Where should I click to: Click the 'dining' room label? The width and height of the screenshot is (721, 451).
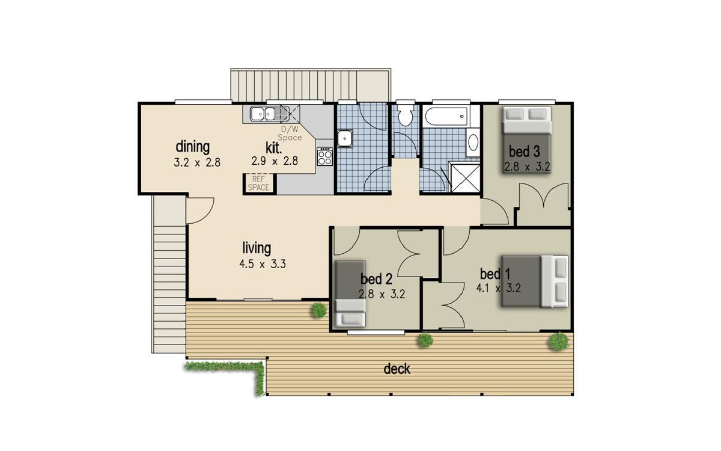(192, 147)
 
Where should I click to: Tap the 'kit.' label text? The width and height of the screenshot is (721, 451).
(273, 148)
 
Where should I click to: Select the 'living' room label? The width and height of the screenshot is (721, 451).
(257, 248)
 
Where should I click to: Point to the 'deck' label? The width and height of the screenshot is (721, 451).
(397, 369)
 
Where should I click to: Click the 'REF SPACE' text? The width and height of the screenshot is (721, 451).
(258, 183)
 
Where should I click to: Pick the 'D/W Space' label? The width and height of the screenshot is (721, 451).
(290, 133)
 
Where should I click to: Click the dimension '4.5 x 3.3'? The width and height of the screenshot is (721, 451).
(263, 264)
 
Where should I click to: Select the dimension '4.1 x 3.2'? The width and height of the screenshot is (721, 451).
(498, 288)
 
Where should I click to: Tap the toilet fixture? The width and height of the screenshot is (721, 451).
(405, 115)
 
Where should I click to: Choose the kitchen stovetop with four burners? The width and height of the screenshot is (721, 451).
(324, 156)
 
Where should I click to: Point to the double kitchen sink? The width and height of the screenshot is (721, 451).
(263, 114)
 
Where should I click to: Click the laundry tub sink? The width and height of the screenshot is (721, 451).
(345, 138)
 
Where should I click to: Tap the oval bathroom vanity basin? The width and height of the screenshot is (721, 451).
(473, 143)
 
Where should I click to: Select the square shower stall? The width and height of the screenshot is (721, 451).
(466, 177)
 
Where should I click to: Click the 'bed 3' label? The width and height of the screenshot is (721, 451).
(524, 152)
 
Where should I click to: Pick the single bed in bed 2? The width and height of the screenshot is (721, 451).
(350, 293)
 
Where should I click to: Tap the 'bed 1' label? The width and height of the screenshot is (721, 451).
(494, 274)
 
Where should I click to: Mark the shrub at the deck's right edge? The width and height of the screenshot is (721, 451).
(559, 342)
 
